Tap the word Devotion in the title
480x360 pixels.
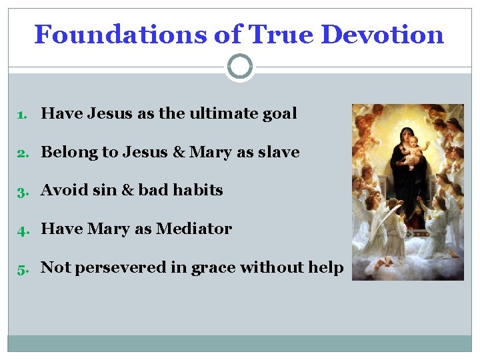coord(383,35)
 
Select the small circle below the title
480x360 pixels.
coord(240,67)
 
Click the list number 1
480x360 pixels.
coord(21,115)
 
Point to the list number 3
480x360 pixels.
coord(21,191)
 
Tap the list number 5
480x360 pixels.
coord(21,269)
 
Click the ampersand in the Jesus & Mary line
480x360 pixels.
coord(179,152)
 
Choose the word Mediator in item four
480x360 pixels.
coord(194,229)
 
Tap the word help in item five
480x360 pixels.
coord(327,268)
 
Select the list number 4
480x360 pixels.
coord(21,230)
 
